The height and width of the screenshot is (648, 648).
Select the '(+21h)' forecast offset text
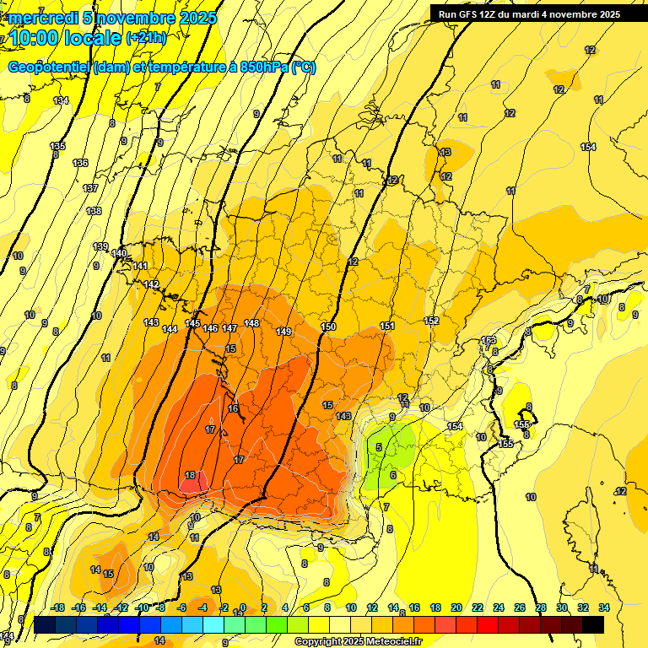[x=146, y=38]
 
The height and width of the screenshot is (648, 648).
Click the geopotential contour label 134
[x=61, y=100]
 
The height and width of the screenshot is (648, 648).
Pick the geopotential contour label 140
[x=119, y=253]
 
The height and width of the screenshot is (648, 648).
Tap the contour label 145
[x=192, y=324]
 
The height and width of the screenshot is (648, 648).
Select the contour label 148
[x=251, y=323]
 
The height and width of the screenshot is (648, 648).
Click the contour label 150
[x=329, y=327]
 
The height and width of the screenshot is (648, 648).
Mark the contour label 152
[x=431, y=321]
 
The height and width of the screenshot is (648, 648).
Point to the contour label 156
[x=522, y=424]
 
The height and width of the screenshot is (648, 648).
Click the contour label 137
[x=90, y=188]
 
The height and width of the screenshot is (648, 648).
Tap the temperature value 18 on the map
[x=190, y=475]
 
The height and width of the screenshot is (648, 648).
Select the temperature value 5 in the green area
[x=380, y=447]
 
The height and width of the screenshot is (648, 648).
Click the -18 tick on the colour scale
[x=57, y=607]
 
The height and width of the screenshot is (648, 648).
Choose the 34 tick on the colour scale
[x=603, y=607]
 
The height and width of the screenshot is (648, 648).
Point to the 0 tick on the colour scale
[x=243, y=607]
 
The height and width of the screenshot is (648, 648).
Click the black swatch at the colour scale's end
[x=593, y=624]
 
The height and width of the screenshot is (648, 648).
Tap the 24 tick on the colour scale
[x=498, y=607]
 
